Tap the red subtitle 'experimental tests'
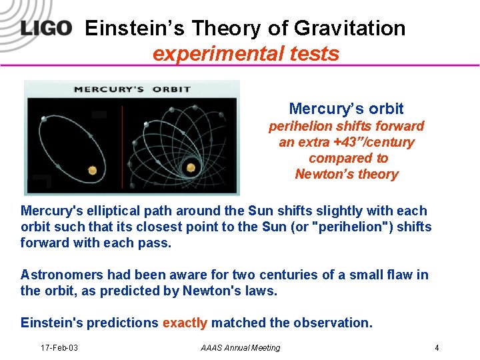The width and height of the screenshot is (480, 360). (246, 53)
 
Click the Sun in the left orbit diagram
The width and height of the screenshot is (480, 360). (92, 171)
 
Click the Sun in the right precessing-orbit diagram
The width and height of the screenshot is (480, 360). (192, 167)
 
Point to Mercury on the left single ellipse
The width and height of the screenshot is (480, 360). (44, 119)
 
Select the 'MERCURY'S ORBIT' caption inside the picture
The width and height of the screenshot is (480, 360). (132, 89)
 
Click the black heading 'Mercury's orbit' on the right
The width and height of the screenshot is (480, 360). (346, 109)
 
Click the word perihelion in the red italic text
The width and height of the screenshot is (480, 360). (299, 126)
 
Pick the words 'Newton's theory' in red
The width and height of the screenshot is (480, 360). (346, 174)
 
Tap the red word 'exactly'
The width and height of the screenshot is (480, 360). (185, 323)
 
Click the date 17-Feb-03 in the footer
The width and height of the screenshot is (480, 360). (59, 348)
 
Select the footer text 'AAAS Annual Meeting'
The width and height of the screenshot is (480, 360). (240, 348)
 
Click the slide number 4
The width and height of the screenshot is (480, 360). (436, 348)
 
